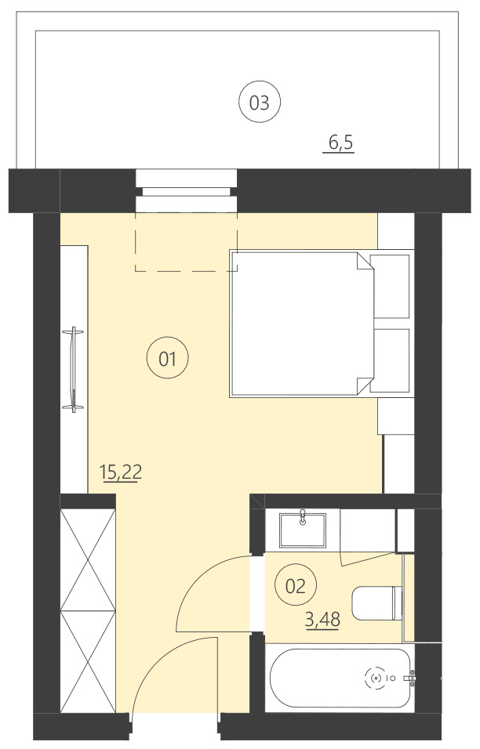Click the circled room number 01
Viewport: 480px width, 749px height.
tap(168, 360)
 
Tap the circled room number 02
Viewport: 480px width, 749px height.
tap(294, 586)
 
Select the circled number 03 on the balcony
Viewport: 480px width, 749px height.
tap(259, 102)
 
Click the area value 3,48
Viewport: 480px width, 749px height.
tap(322, 621)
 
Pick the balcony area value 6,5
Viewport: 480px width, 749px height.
tap(340, 143)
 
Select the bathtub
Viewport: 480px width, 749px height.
tap(338, 678)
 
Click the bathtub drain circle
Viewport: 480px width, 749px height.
tap(376, 677)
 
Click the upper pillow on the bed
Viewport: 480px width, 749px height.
tap(392, 285)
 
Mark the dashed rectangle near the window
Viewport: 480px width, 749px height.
tap(186, 243)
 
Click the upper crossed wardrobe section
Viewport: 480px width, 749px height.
tap(88, 559)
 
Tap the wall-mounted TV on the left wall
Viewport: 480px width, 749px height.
tap(75, 368)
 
